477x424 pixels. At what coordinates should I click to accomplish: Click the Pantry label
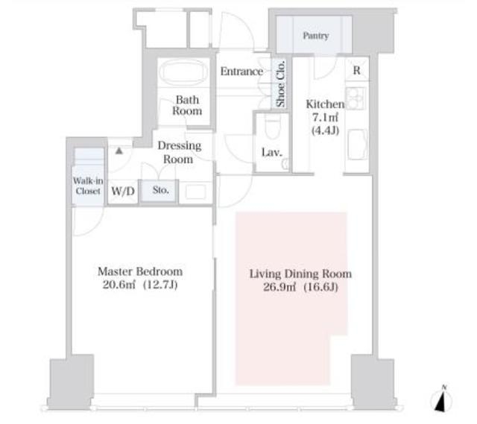316,36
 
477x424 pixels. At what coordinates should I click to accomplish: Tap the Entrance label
241,72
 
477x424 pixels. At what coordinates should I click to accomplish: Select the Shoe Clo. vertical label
280,84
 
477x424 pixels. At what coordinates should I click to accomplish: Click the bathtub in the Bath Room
181,72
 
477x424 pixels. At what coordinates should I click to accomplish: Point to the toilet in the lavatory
272,126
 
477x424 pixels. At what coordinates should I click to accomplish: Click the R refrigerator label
356,71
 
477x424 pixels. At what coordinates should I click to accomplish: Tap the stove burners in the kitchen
355,98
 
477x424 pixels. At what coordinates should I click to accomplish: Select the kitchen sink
357,145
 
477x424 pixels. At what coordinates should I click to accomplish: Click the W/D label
123,192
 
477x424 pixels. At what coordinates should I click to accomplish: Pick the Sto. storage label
161,190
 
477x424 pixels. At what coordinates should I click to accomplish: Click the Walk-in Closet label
88,186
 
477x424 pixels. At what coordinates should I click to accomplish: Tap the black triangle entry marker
119,151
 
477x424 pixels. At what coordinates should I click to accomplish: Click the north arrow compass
441,399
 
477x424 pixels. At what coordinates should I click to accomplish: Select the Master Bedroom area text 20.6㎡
119,285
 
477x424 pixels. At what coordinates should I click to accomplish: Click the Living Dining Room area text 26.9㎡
279,287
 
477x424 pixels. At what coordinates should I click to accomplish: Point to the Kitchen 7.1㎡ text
325,118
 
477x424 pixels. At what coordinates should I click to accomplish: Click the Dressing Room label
179,152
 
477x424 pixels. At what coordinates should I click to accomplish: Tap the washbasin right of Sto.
195,192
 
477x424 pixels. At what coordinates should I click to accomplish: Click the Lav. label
271,152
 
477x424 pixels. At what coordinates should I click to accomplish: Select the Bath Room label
187,105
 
